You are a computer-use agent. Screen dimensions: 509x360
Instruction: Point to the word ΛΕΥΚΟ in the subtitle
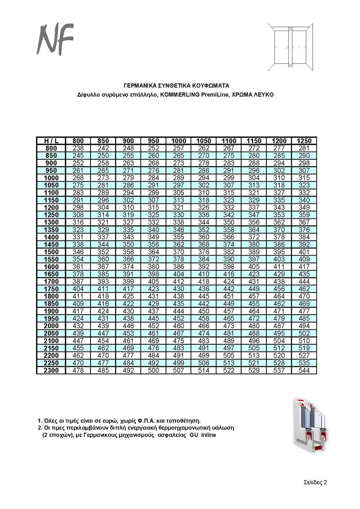point(263,95)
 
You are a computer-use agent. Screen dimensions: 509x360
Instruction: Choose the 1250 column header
point(304,141)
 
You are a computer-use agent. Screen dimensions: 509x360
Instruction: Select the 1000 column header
point(179,141)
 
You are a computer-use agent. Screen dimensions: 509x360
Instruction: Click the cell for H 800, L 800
point(78,149)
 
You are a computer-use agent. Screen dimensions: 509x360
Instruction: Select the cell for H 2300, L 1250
point(304,370)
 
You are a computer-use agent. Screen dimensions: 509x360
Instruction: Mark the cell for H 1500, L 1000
point(179,252)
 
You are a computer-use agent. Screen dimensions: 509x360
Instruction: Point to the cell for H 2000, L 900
point(129,326)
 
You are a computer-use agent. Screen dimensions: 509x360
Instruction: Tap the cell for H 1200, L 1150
point(254,207)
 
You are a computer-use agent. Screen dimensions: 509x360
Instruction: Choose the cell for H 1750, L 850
point(103,288)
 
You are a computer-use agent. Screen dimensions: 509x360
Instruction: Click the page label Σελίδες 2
point(314,482)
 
